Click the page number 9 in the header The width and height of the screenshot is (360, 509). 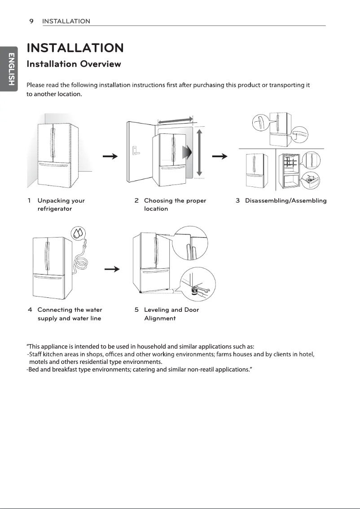click(32, 21)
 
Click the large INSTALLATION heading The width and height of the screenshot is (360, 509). click(75, 47)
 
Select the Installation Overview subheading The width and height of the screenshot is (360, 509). click(74, 64)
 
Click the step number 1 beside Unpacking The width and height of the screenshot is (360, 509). click(30, 201)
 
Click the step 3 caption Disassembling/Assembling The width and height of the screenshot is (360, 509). click(285, 201)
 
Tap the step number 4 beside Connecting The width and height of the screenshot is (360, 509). click(30, 310)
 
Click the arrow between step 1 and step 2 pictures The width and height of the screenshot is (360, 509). click(110, 156)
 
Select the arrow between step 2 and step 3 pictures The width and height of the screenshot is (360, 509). click(220, 156)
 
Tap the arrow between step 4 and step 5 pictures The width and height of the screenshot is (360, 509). click(112, 269)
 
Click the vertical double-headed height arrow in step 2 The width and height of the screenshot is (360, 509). click(199, 153)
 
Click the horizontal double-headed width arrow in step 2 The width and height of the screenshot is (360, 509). click(175, 120)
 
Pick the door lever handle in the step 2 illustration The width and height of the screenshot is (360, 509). click(135, 151)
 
